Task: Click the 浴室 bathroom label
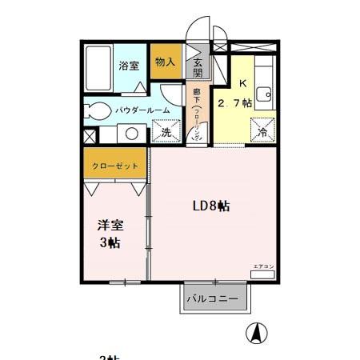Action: [130, 66]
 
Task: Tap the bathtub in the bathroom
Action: [99, 70]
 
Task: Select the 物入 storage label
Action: [165, 62]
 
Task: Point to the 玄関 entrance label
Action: [198, 69]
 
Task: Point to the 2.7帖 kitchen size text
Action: [238, 102]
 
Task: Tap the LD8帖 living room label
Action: [211, 206]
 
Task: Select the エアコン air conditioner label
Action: [263, 266]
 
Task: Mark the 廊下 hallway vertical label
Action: [197, 112]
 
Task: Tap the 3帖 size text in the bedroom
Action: [110, 243]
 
